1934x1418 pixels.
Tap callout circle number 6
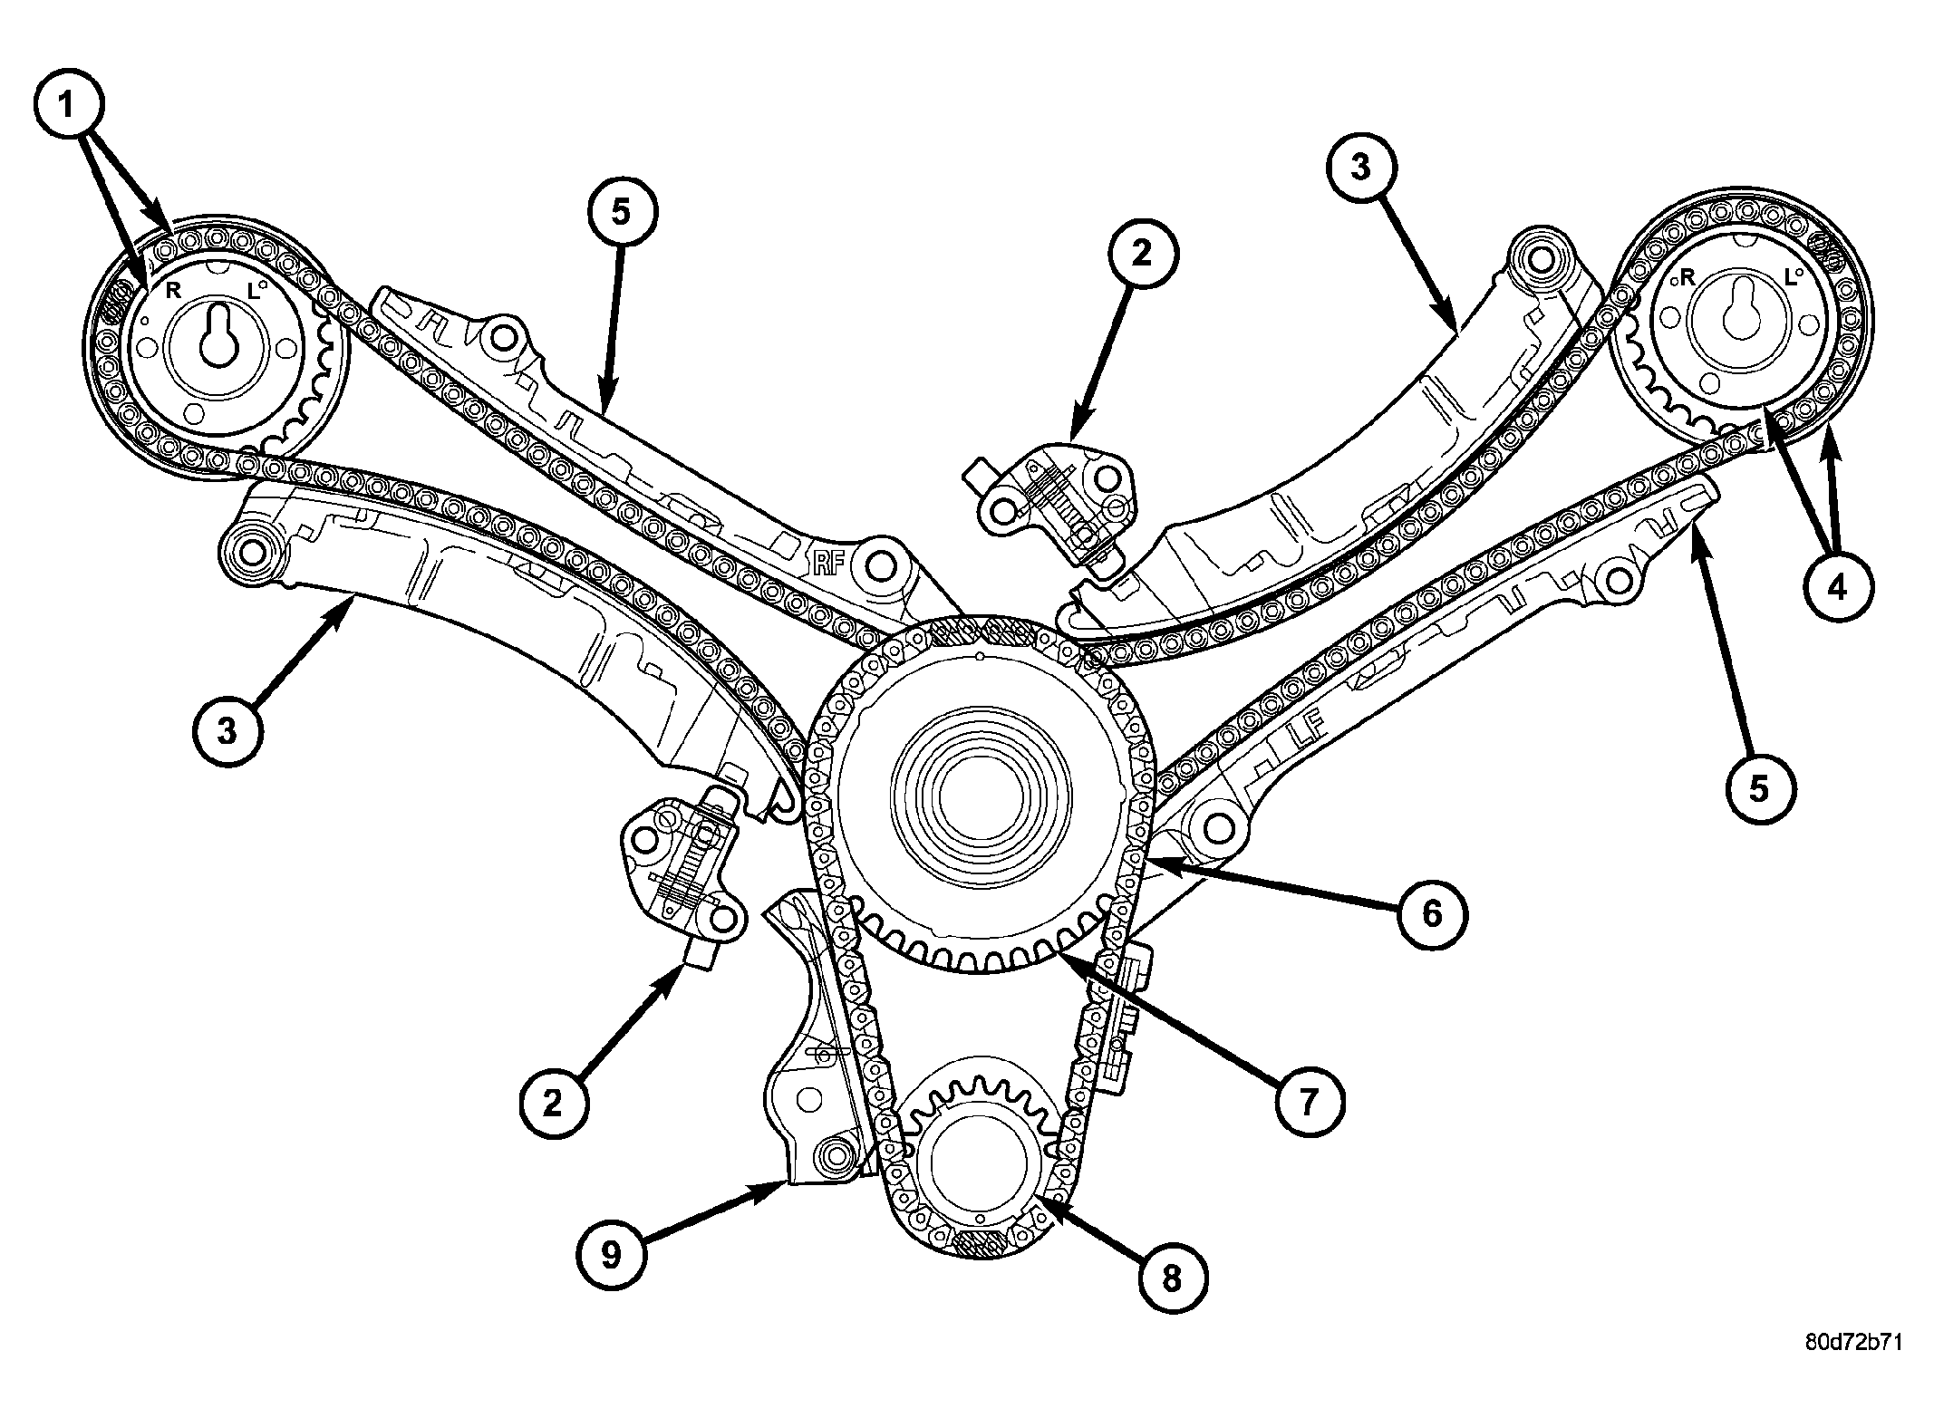1431,914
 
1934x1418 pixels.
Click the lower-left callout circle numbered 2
553,1103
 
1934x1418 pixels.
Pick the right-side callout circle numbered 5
1758,789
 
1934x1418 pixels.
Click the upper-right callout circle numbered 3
1363,169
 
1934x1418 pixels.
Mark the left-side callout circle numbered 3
227,728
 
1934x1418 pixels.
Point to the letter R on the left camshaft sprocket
172,289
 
